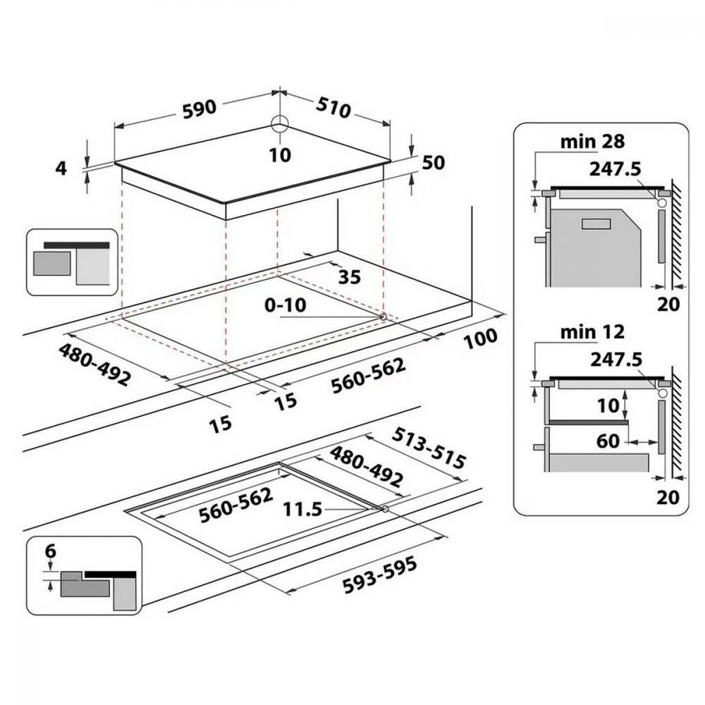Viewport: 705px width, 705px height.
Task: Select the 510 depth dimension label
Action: (x=333, y=107)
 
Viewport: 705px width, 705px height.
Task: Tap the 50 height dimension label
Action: (x=434, y=162)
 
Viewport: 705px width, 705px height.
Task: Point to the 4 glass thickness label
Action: (x=61, y=168)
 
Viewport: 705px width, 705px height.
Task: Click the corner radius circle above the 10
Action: (x=281, y=123)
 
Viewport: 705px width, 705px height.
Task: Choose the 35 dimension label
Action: (x=350, y=277)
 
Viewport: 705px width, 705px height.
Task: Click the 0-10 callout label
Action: (x=286, y=305)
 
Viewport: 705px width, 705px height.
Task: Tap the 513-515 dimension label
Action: (x=429, y=448)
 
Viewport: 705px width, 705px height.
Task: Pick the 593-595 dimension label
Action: (x=379, y=575)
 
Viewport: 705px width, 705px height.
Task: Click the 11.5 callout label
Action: (x=302, y=510)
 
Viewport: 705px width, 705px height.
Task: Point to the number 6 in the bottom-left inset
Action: (x=51, y=551)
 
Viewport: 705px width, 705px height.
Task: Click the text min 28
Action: (x=592, y=142)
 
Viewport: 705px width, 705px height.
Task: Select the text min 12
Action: (x=592, y=332)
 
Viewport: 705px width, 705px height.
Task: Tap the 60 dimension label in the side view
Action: (x=608, y=441)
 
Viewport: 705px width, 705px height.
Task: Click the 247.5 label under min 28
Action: (x=615, y=169)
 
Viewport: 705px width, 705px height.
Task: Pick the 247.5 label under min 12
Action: (x=616, y=360)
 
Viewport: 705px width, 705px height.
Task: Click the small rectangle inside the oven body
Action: (x=596, y=223)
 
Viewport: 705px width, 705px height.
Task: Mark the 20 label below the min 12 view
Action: (x=668, y=497)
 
